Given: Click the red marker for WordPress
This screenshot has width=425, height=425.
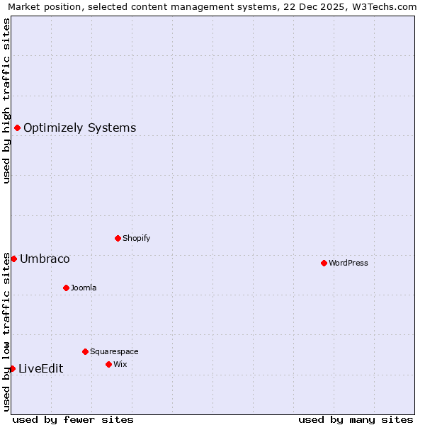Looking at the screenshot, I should coord(324,263).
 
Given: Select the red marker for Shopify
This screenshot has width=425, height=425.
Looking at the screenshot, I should coord(118,238).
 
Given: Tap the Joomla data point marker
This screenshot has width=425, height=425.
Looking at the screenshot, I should coord(66,288).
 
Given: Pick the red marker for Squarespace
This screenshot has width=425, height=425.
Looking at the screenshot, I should coord(85,351).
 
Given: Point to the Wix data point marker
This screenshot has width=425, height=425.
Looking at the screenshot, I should coord(108,364).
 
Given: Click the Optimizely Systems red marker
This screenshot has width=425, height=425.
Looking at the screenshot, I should coord(17,127).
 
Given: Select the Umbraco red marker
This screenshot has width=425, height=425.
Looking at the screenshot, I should coord(13,259).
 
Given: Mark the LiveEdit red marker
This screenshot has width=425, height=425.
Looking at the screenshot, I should coord(12,368).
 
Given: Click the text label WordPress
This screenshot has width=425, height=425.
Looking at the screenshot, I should coord(348,263).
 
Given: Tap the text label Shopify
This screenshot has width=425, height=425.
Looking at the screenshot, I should coord(137,239).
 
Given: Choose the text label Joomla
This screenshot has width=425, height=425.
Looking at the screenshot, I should coord(84,288).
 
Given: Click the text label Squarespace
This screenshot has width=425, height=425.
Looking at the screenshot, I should coord(114,352).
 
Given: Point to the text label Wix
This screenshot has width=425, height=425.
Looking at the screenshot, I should coord(120,365).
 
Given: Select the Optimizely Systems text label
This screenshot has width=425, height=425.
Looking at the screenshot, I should coord(80,128).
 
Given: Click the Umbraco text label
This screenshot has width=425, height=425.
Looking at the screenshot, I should coord(45,259).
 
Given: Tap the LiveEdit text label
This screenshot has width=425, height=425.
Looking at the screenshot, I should coord(40,369).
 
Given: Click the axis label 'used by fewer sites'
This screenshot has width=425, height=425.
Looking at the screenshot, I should coord(73,419).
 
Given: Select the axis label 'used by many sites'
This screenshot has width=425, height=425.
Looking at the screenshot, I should coord(356,419).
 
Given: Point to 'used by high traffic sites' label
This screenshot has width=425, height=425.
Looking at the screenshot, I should coord(6,101).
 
